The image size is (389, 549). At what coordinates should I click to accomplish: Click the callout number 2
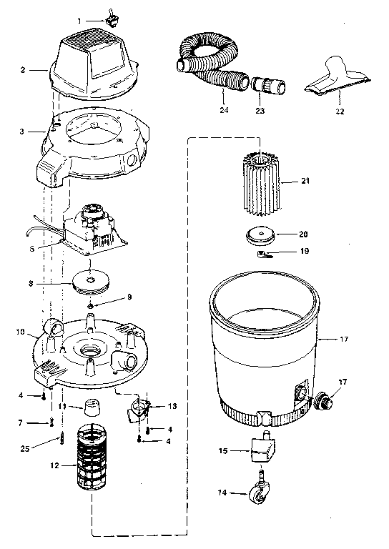coord(23,70)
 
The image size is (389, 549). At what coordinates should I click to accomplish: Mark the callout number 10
coord(21,332)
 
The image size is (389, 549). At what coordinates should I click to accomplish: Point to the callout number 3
coord(23,132)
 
